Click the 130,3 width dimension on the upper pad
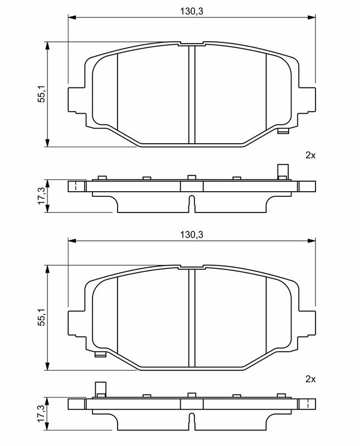(x=192, y=11)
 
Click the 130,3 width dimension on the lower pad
(x=192, y=235)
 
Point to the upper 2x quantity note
(x=310, y=156)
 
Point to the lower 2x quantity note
(x=310, y=379)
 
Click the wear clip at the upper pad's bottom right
(x=283, y=131)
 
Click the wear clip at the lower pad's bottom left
(x=100, y=355)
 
